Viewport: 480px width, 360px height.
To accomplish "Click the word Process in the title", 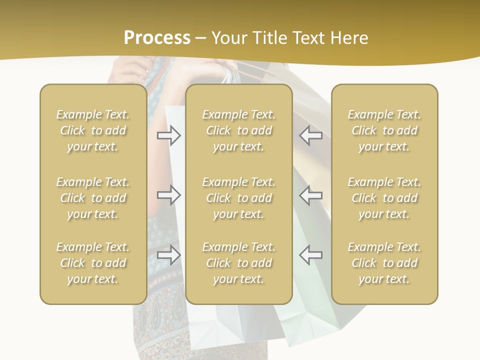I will pyautogui.click(x=157, y=38).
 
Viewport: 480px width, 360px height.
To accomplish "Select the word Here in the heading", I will pyautogui.click(x=349, y=38).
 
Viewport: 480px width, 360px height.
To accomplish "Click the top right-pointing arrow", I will pyautogui.click(x=169, y=135).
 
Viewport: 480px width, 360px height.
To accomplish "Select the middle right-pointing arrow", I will pyautogui.click(x=169, y=195).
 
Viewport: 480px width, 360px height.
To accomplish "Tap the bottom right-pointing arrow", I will pyautogui.click(x=169, y=255).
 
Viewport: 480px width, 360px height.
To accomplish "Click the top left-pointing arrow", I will pyautogui.click(x=311, y=135).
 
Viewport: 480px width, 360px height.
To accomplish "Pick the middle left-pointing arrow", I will pyautogui.click(x=311, y=195).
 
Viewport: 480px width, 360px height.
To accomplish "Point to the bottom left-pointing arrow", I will pyautogui.click(x=311, y=255).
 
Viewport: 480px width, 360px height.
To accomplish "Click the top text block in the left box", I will pyautogui.click(x=93, y=130).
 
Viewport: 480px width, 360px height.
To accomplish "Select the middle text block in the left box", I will pyautogui.click(x=93, y=198).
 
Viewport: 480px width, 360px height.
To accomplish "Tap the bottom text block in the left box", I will pyautogui.click(x=93, y=263).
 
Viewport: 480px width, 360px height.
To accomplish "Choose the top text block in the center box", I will pyautogui.click(x=238, y=130).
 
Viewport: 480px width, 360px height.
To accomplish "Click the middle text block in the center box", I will pyautogui.click(x=238, y=198).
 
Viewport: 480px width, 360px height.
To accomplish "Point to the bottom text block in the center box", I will pyautogui.click(x=238, y=263).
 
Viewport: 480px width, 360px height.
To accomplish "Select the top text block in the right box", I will pyautogui.click(x=384, y=130).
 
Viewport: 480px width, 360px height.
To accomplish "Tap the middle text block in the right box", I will pyautogui.click(x=384, y=198).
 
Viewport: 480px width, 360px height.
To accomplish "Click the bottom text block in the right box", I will pyautogui.click(x=384, y=263).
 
